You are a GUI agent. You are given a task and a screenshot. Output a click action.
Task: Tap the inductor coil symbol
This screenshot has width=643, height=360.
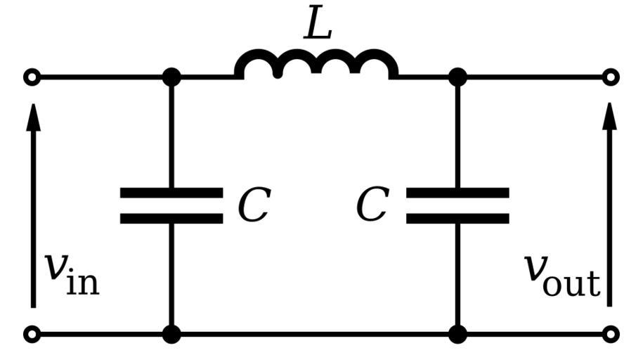coord(316,64)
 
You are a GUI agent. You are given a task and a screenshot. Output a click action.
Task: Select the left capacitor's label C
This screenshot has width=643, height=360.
coord(253,206)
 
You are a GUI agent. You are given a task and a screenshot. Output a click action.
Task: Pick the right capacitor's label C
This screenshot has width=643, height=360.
coord(372,206)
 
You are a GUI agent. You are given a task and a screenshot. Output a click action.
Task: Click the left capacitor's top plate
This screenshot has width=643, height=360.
coord(171,192)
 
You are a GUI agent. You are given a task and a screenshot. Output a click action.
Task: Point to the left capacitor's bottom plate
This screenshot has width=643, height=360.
coord(171,218)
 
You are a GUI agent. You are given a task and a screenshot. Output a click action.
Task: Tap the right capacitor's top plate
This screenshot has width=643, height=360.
coord(457,192)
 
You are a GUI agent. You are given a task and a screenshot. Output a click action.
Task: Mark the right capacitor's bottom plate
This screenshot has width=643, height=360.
coord(457,218)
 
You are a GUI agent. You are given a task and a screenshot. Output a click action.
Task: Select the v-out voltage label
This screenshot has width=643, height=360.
coord(562,271)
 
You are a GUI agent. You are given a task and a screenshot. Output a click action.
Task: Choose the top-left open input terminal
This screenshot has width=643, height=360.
coord(32,77)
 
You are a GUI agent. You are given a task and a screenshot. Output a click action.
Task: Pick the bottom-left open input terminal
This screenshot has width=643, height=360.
coord(32,334)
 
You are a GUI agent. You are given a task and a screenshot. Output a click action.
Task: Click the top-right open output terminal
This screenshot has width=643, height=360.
coord(611,77)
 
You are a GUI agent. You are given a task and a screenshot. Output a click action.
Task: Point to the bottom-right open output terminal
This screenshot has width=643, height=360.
coord(611,334)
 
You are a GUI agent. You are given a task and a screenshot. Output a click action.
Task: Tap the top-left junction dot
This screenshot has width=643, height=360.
coord(171,77)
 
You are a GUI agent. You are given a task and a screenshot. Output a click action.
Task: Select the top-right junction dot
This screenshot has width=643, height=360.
coord(457,77)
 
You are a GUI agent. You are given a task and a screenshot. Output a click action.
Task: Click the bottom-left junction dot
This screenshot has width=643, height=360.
coord(171,334)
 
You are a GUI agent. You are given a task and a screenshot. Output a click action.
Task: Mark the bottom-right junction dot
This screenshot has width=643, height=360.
coord(457,334)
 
